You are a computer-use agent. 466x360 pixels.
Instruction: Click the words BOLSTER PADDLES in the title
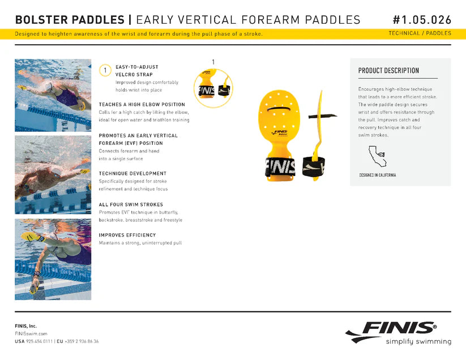(x=69, y=20)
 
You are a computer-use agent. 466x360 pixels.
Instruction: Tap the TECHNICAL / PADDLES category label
(x=420, y=33)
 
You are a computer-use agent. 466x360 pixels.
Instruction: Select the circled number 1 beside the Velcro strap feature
(x=104, y=70)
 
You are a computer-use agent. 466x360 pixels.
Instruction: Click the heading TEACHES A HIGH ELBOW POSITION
(x=142, y=105)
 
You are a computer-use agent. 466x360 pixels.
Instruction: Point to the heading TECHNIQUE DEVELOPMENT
(x=132, y=173)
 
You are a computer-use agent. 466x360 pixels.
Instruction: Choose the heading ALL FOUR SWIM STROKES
(x=131, y=204)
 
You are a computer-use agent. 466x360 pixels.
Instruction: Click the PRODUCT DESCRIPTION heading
(x=388, y=71)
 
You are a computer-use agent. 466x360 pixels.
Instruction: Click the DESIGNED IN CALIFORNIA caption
(x=377, y=175)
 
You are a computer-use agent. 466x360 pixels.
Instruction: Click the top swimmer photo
(x=53, y=95)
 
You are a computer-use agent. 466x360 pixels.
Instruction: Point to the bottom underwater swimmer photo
(x=53, y=259)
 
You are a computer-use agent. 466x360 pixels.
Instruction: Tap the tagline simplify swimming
(x=418, y=342)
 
